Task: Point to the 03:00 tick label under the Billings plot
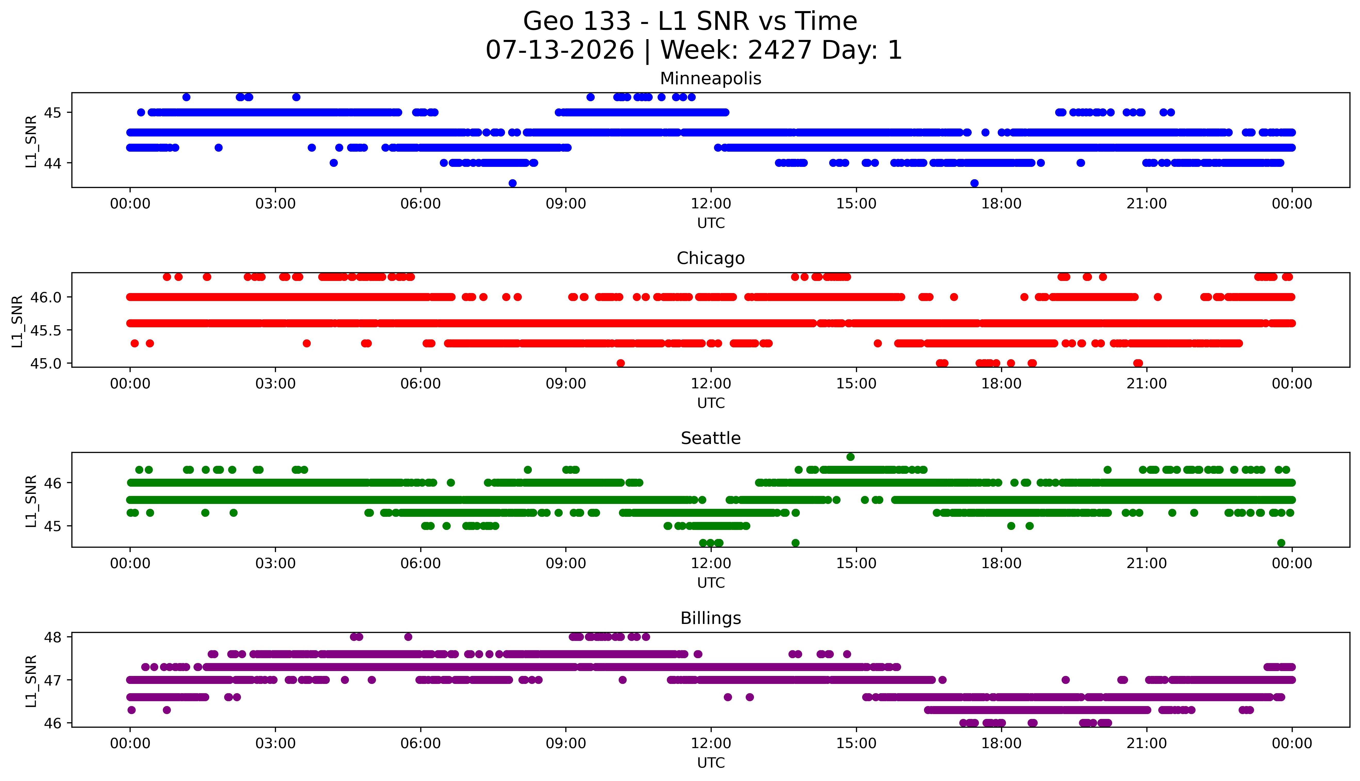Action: (275, 743)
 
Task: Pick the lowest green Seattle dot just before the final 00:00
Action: (1281, 543)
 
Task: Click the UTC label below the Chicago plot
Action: (711, 403)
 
